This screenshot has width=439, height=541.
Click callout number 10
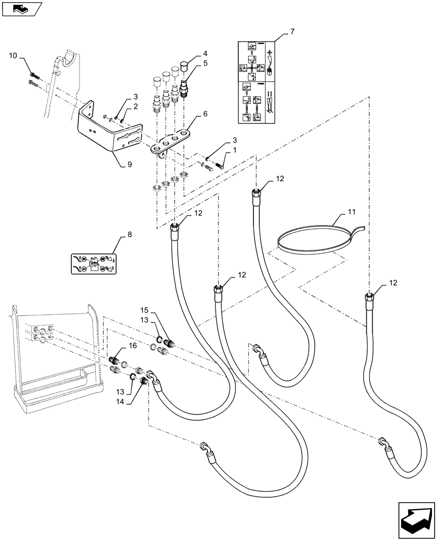(x=14, y=56)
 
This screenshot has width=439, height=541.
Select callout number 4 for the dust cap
(x=205, y=54)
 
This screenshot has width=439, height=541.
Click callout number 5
(x=205, y=64)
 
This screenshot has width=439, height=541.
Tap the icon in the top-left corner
(x=20, y=8)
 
